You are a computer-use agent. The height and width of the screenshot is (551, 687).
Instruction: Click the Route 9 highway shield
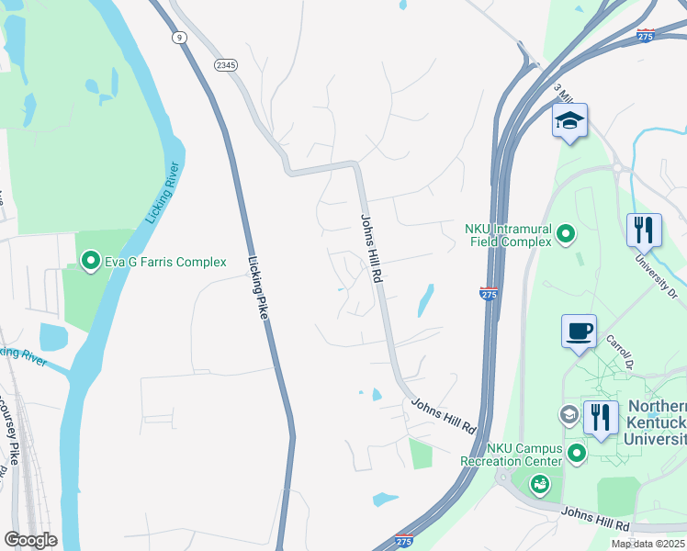pyautogui.click(x=178, y=37)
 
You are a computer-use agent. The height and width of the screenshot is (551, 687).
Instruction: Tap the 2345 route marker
pyautogui.click(x=225, y=64)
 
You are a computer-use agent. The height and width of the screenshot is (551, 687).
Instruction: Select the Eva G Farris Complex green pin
pyautogui.click(x=91, y=263)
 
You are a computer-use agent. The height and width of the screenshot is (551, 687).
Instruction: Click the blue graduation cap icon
pyautogui.click(x=569, y=121)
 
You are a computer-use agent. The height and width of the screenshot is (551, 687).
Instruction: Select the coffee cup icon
pyautogui.click(x=579, y=331)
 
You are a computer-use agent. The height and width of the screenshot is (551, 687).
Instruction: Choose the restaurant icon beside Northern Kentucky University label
pyautogui.click(x=601, y=418)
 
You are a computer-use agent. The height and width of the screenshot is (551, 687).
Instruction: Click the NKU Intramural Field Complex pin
pyautogui.click(x=567, y=235)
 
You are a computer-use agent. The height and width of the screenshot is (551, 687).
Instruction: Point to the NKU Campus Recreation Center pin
pyautogui.click(x=576, y=454)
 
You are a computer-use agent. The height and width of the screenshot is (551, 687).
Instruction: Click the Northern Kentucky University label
pyautogui.click(x=657, y=422)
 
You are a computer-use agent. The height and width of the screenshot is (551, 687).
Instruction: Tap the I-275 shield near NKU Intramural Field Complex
pyautogui.click(x=489, y=293)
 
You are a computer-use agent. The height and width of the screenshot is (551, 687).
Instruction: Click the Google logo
pyautogui.click(x=30, y=540)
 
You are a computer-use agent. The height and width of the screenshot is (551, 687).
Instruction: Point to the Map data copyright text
pyautogui.click(x=648, y=544)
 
